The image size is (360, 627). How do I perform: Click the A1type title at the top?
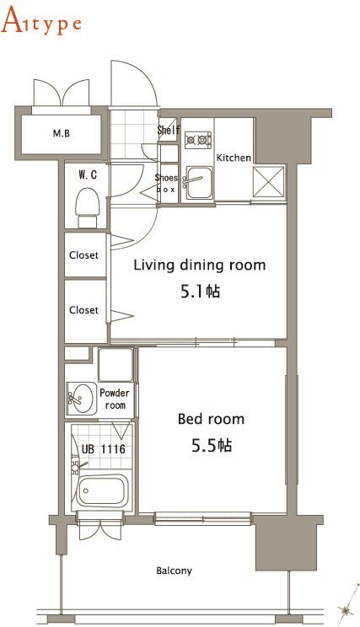41,22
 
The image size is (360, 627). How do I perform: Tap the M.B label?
62,133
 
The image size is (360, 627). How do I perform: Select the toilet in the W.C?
87,207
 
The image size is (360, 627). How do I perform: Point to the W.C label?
88,174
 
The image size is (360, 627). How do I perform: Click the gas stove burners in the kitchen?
198,140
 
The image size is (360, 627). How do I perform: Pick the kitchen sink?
198,183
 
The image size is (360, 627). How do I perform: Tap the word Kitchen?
234,158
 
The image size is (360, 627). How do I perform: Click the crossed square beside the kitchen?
269,182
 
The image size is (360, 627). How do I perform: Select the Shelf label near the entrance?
169,130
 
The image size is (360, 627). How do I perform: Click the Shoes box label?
166,183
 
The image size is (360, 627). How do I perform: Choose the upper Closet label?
83,255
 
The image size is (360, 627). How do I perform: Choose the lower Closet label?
83,310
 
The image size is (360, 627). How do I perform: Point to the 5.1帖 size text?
201,292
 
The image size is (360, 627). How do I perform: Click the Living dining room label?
200,265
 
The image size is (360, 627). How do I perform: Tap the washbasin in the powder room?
81,399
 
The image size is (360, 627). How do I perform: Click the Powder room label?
115,399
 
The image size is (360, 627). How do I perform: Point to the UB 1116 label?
104,449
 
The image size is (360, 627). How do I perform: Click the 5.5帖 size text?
212,445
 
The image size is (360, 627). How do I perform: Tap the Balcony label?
174,571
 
